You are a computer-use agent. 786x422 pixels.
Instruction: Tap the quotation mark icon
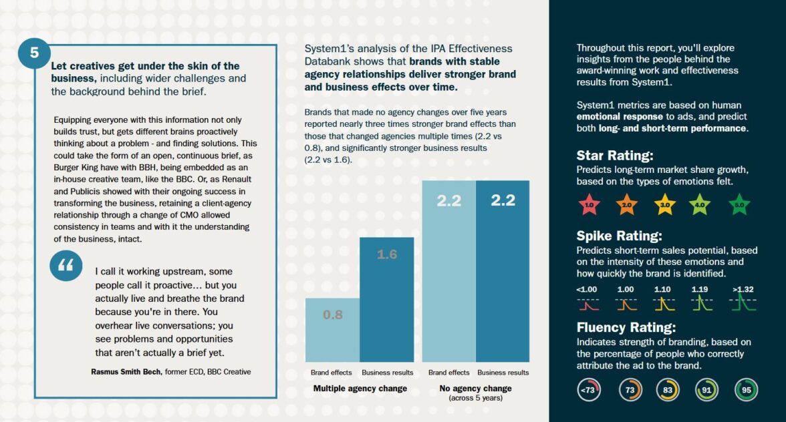click(x=65, y=266)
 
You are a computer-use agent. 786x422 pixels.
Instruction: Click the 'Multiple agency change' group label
click(x=360, y=389)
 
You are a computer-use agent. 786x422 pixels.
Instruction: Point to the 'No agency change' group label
click(x=475, y=389)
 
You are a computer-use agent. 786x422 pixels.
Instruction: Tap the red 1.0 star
click(x=589, y=205)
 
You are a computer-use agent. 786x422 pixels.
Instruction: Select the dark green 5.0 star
click(x=739, y=205)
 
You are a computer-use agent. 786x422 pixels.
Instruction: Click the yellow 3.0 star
click(x=664, y=205)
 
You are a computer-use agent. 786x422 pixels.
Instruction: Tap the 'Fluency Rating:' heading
click(x=626, y=328)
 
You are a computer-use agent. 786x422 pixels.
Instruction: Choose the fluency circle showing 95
click(x=746, y=390)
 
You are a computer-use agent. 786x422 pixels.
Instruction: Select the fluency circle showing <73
click(x=589, y=390)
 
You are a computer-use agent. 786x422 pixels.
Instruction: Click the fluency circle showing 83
click(x=667, y=390)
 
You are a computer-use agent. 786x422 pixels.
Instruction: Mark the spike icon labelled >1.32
click(x=743, y=304)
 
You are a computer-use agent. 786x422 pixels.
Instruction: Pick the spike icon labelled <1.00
click(x=587, y=304)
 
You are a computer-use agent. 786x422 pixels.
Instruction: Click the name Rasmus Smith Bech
click(x=127, y=372)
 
